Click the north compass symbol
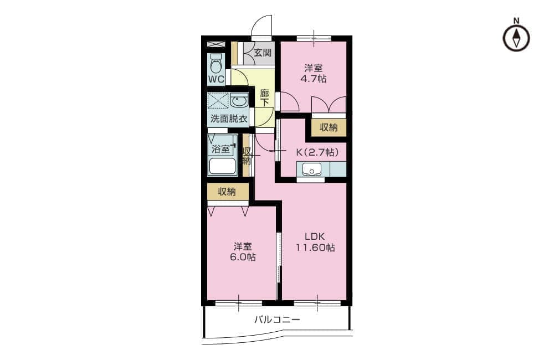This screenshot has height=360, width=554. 516,38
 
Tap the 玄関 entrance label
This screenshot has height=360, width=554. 263,53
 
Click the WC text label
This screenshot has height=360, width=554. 216,79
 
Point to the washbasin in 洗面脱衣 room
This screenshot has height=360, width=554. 239,101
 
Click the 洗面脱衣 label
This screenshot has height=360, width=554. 229,119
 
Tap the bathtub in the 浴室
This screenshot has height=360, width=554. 222,166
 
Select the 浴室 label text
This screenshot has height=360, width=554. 220,149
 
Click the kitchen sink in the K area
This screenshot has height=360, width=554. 311,169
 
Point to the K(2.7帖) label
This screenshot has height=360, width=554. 317,152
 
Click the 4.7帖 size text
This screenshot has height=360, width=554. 314,79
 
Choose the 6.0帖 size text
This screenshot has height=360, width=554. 243,257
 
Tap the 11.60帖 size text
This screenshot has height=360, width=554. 315,248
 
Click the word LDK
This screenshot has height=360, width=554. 315,236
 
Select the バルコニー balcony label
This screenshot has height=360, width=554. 278,320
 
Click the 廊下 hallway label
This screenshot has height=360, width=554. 264,98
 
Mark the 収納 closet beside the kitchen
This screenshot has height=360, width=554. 329,127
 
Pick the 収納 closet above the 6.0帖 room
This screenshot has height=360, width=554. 227,192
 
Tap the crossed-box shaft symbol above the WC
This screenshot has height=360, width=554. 216,44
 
